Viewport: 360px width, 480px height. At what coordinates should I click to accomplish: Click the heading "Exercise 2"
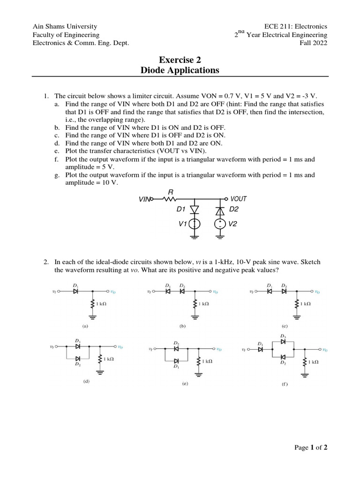click(x=180, y=60)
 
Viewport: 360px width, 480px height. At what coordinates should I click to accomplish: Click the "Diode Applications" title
click(x=180, y=70)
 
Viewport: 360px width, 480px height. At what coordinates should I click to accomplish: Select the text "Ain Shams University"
click(x=65, y=27)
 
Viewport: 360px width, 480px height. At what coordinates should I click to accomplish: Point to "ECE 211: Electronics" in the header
click(x=296, y=27)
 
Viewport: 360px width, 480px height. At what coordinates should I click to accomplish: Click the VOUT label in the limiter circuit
click(x=238, y=199)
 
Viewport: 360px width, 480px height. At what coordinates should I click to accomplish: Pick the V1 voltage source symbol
click(x=195, y=224)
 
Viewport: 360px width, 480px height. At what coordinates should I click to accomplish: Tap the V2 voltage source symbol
click(x=220, y=224)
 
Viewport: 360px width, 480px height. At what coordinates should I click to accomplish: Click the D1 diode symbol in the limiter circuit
click(x=195, y=209)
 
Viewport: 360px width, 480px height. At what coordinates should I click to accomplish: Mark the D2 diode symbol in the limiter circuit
click(x=220, y=209)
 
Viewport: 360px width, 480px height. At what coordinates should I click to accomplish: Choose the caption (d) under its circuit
click(x=86, y=382)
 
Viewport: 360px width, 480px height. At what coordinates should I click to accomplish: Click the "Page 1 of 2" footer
click(x=310, y=448)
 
